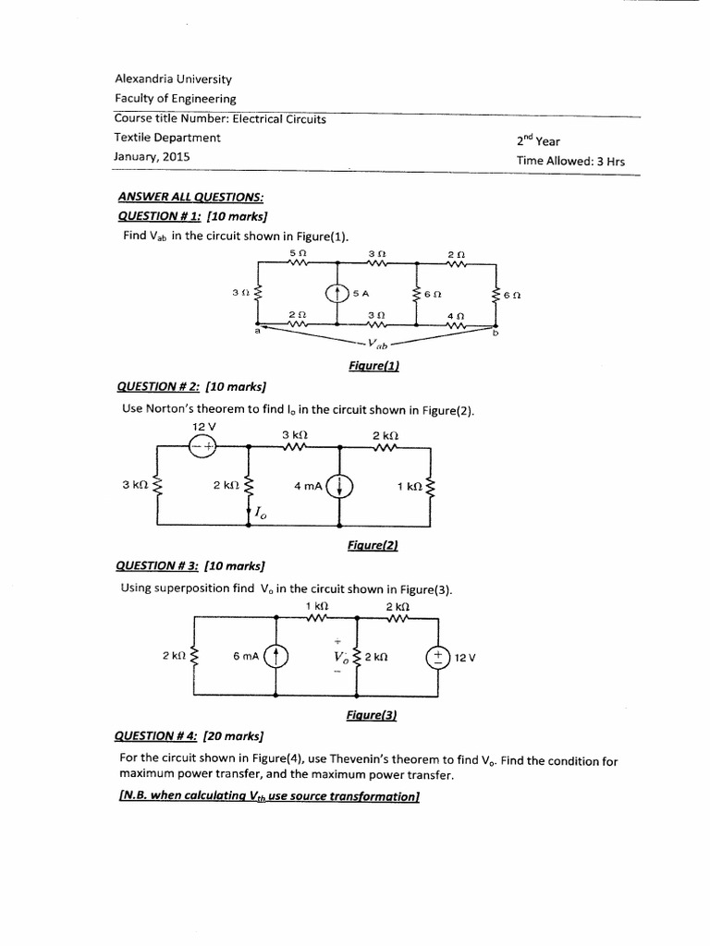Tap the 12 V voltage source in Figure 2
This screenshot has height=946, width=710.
(202, 445)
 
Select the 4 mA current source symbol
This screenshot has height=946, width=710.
(341, 485)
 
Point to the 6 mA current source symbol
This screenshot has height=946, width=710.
(276, 656)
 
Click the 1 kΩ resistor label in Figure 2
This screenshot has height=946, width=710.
(410, 486)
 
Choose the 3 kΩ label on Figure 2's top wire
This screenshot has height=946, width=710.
(295, 434)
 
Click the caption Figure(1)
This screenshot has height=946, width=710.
(373, 366)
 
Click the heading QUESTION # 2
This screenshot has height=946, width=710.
(153, 386)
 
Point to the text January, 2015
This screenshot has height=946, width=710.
(153, 157)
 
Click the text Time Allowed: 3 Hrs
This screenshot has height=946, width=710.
(570, 161)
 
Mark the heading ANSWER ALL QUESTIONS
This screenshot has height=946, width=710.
(190, 197)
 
